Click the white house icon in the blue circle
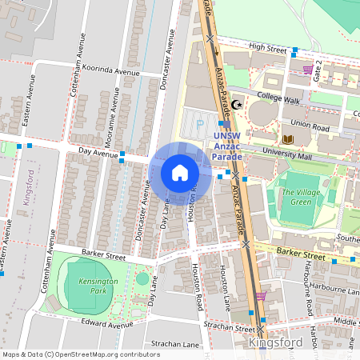coord(180,172)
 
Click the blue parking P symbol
coord(200,125)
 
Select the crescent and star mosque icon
coord(237,105)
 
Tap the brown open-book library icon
coord(288,140)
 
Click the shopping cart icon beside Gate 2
coord(308,70)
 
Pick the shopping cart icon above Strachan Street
coord(261,295)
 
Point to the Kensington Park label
coord(98,286)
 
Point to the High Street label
coord(267,47)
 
